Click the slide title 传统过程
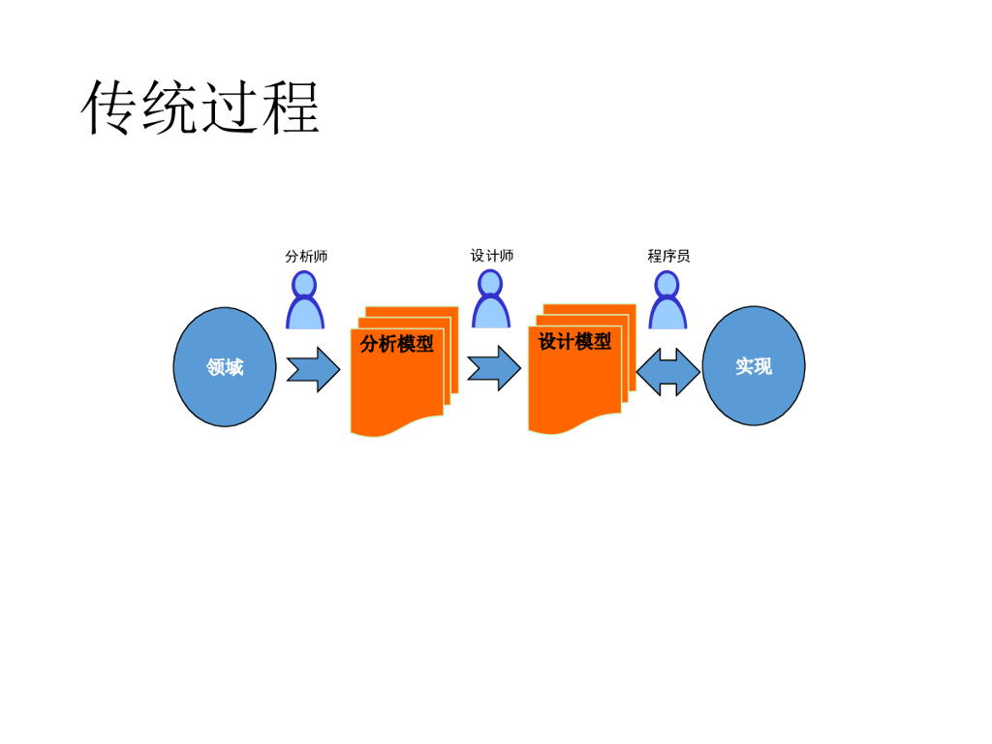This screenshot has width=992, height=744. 201,108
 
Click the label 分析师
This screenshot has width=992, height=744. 306,257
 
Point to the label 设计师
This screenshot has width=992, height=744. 492,256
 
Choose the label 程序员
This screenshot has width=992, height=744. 668,256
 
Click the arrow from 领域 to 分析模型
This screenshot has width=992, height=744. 313,369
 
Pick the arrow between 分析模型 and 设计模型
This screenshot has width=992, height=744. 494,368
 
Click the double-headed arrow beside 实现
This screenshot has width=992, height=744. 667,372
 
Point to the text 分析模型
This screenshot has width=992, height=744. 396,344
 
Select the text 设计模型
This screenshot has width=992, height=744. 574,342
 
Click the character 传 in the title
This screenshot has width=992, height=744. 109,108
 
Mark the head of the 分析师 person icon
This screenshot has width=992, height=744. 305,285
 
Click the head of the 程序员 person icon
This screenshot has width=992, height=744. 666,285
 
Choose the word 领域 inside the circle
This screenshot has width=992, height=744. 225,367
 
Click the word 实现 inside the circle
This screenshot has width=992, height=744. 754,366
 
